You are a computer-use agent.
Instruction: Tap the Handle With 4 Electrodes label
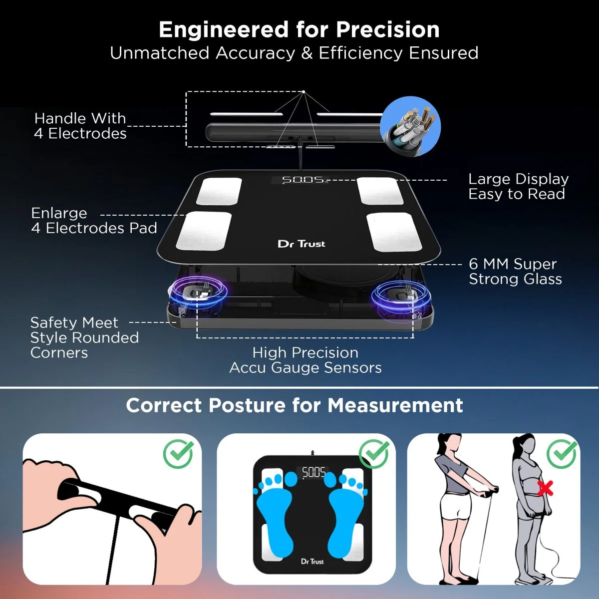80,126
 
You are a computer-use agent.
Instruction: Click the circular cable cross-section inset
410,126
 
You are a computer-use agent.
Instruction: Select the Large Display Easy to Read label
518,187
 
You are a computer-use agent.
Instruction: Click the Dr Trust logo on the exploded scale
301,244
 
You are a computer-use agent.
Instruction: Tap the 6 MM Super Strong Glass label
515,272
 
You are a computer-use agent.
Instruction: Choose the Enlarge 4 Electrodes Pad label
93,221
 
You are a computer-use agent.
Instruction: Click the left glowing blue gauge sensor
200,293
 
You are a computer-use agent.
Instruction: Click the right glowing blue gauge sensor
401,295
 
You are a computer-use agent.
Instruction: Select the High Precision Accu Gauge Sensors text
305,360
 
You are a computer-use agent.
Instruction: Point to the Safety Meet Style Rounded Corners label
84,337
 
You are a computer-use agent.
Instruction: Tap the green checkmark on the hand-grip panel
179,454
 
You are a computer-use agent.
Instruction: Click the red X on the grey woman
545,488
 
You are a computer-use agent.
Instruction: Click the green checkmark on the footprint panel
374,454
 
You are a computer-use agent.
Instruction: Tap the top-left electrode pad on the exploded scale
219,191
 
